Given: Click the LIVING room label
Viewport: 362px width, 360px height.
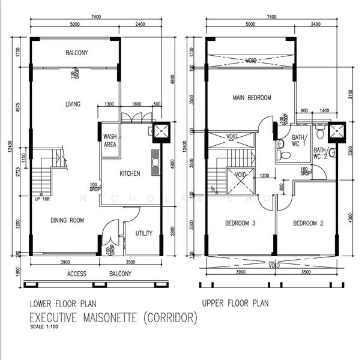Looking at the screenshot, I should [x=73, y=104].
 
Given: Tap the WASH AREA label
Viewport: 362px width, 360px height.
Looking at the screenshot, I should [x=110, y=140].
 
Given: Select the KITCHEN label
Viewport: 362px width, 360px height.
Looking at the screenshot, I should [x=130, y=173].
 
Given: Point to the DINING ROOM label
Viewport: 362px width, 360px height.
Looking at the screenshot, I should [x=66, y=220].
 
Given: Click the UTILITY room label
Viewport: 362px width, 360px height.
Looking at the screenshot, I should [x=143, y=233].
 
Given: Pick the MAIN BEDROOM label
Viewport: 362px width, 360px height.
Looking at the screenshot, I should [x=252, y=97].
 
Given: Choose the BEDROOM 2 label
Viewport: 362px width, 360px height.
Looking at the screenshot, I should [x=308, y=224].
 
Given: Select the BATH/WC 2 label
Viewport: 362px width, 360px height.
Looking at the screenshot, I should [x=320, y=154].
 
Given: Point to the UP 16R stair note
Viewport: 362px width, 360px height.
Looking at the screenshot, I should [x=43, y=199].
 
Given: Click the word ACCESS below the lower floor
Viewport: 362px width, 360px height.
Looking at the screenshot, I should [x=77, y=274].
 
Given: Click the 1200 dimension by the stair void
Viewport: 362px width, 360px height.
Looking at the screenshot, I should [x=264, y=176].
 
